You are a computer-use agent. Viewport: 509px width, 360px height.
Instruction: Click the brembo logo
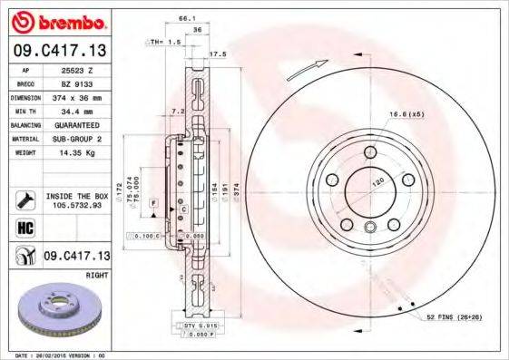click(x=57, y=19)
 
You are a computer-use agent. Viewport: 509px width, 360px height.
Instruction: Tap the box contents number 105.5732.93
click(x=76, y=205)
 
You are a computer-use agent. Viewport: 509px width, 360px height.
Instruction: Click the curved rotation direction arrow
click(x=306, y=70)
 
